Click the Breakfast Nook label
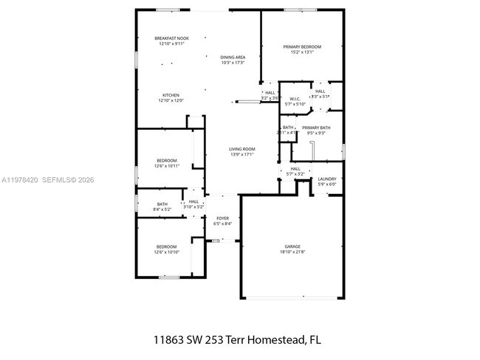click(x=171, y=38)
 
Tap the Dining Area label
click(x=233, y=57)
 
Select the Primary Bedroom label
click(x=302, y=46)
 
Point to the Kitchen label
click(x=171, y=95)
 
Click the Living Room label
click(x=242, y=149)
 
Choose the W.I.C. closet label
click(x=294, y=99)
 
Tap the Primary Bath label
click(x=316, y=128)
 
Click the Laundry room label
click(x=327, y=179)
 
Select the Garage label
click(x=293, y=246)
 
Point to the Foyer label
click(x=222, y=218)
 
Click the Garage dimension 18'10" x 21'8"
click(x=293, y=252)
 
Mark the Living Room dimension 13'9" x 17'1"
click(x=242, y=155)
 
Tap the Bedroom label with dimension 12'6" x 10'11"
click(x=166, y=160)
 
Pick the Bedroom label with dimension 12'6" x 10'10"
click(x=166, y=246)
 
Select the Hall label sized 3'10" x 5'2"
click(x=193, y=201)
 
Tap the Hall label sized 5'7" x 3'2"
click(x=295, y=169)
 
